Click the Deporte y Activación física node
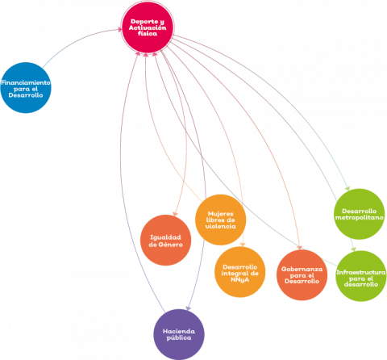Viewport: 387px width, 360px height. [148, 27]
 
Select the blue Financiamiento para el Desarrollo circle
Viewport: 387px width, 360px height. [26, 88]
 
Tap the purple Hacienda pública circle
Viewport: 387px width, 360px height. [179, 334]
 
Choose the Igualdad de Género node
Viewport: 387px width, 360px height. [165, 241]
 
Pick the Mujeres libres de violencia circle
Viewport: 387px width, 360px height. [220, 220]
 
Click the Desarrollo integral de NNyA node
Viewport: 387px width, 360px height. [240, 272]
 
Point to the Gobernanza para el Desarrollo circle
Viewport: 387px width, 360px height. [302, 275]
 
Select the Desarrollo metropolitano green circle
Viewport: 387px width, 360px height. [360, 214]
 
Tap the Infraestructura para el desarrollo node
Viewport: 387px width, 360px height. [361, 276]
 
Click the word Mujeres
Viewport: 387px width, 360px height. [221, 214]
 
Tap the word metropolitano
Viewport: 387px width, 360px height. [360, 217]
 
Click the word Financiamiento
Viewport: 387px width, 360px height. [26, 82]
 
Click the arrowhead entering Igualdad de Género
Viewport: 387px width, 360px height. [175, 214]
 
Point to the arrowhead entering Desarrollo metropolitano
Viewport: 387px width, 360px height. [347, 188]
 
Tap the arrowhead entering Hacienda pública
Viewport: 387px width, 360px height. [189, 308]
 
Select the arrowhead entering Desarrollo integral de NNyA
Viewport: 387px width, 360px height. [243, 245]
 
